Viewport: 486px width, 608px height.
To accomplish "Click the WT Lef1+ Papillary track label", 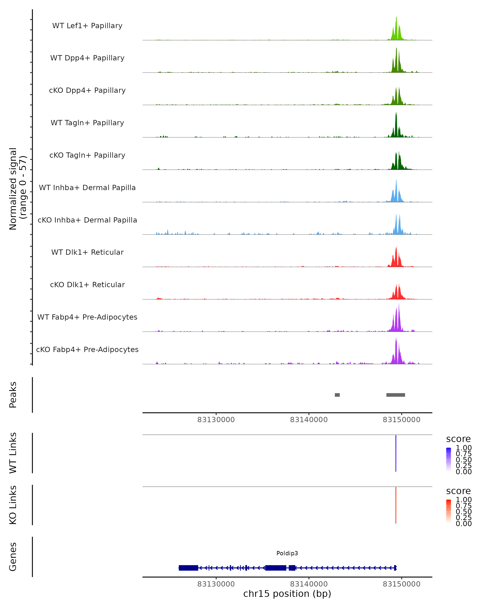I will tap(87, 26).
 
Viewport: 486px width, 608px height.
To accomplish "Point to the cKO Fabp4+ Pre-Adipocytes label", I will tap(87, 349).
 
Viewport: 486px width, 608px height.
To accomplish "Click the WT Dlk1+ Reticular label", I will tap(87, 252).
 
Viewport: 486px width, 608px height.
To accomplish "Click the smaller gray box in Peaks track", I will tap(337, 395).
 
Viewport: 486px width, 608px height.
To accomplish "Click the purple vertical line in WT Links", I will tap(396, 453).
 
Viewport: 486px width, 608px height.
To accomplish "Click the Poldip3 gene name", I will tap(287, 553).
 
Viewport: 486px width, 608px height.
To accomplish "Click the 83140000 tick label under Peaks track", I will tap(309, 420).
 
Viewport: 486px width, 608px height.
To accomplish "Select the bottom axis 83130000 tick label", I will tap(216, 584).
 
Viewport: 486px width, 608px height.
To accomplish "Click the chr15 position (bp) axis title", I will tap(287, 594).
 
